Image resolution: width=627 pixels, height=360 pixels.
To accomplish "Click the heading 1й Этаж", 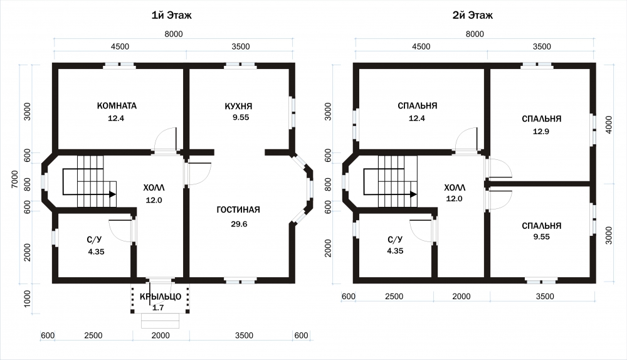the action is [171, 15].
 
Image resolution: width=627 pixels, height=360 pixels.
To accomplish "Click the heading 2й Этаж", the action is [472, 15].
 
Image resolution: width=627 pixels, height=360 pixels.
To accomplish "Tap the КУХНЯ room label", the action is [238, 106].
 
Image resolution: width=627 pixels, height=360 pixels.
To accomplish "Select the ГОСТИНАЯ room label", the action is [238, 209].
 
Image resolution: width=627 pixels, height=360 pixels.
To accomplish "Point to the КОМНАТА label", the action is [117, 105].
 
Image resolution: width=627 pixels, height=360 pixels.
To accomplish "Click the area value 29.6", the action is [239, 224].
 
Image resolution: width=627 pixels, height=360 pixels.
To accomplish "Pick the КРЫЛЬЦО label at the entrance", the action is [161, 297].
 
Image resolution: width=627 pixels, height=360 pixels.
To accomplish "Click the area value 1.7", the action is [158, 307].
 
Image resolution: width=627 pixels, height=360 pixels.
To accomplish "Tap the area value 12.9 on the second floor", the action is [540, 131].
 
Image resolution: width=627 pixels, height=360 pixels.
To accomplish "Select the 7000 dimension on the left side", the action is [15, 179].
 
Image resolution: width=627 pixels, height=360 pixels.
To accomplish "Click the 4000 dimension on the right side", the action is [609, 124].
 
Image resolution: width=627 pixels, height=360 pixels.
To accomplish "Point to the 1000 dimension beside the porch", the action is [27, 299].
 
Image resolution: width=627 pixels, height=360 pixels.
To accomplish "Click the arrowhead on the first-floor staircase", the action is [113, 194].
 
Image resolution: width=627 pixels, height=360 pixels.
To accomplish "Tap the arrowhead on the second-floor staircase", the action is [413, 194].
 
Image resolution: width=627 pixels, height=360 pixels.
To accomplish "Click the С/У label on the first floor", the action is [95, 240].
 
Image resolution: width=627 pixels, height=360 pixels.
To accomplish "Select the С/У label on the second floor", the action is [395, 240].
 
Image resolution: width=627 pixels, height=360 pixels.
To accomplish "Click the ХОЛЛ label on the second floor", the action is [455, 188].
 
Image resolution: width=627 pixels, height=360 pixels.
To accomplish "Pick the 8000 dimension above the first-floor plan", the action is [174, 34].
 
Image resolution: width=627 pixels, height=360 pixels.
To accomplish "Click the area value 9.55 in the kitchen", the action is [241, 118].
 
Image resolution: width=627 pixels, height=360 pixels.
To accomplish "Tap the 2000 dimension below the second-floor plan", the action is [461, 297].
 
